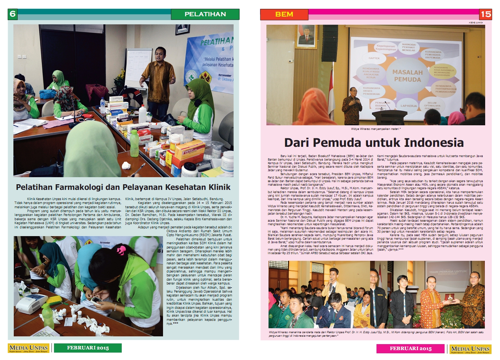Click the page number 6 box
point(13,14)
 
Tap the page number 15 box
point(486,14)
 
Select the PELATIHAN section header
point(205,14)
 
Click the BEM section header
point(284,14)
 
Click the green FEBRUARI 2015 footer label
point(88,348)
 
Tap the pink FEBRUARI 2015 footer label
point(410,349)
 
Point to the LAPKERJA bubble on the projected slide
point(408,106)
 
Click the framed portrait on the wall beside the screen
point(306,36)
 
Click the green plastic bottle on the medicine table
point(134,143)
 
